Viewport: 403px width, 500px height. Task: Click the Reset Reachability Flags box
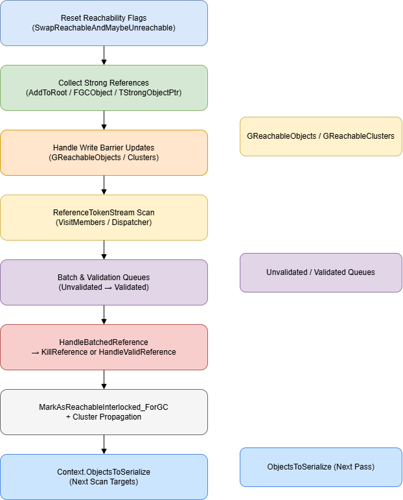[x=104, y=23]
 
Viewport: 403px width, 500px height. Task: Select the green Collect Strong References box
[x=104, y=88]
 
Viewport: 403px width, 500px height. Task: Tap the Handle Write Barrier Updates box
[x=104, y=152]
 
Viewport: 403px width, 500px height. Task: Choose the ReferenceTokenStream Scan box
[x=104, y=217]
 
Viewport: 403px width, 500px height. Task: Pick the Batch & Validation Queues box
[x=104, y=282]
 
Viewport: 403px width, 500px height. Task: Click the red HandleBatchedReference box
[x=104, y=347]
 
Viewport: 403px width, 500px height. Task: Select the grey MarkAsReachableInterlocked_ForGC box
[x=104, y=412]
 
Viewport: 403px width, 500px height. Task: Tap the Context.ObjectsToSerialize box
[x=104, y=477]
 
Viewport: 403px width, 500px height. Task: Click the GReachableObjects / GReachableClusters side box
[x=321, y=136]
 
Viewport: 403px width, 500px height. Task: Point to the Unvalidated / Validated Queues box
[x=321, y=272]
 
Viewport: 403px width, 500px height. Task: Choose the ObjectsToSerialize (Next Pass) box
[x=321, y=467]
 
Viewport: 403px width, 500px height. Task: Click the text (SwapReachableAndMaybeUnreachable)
[x=104, y=28]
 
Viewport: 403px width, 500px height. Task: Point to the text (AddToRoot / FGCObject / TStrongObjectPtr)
[x=104, y=93]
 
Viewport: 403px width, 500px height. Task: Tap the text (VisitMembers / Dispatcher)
[x=104, y=222]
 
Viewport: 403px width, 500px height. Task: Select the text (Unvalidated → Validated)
[x=104, y=287]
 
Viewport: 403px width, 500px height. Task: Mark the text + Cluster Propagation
[x=104, y=417]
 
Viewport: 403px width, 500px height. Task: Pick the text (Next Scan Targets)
[x=104, y=482]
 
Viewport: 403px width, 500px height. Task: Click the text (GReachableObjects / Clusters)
[x=104, y=158]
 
